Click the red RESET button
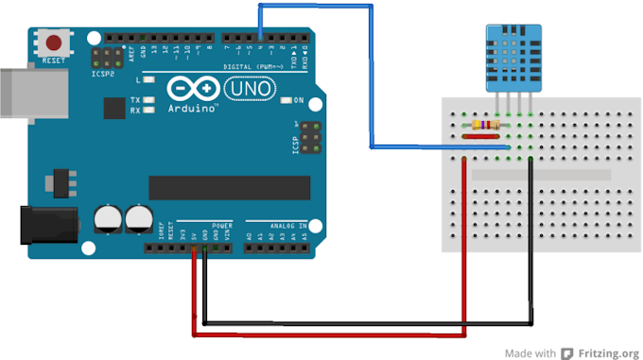click(56, 43)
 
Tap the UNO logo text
click(251, 88)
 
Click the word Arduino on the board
click(191, 108)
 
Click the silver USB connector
click(21, 92)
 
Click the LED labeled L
click(148, 83)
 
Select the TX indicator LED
click(148, 99)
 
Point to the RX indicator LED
click(148, 110)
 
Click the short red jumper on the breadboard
click(481, 136)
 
